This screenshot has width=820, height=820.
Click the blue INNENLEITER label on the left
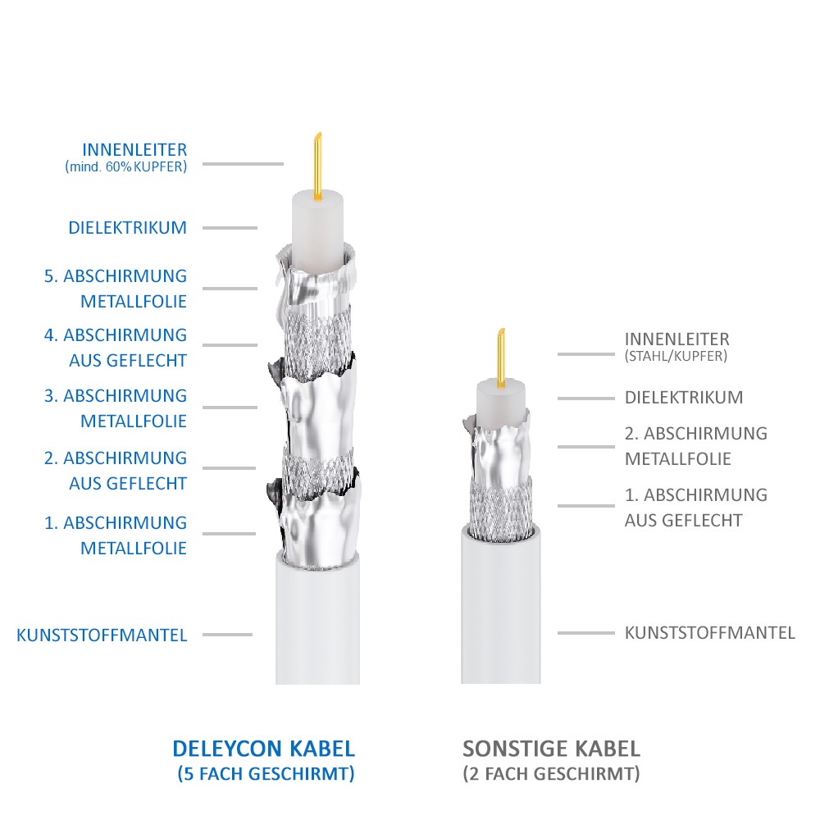pos(134,150)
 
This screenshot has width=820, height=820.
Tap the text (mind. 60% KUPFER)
pos(126,167)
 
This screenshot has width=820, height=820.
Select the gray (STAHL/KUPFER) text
pos(676,357)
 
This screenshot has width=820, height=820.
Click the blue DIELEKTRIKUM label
pos(128,228)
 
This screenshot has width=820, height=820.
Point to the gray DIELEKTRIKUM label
pos(684,398)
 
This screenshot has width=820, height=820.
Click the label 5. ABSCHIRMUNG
pos(116,276)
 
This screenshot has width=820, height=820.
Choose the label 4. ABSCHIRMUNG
pos(116,335)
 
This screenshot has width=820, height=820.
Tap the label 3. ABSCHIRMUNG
pos(116,396)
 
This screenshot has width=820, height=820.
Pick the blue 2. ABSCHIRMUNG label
pos(116,458)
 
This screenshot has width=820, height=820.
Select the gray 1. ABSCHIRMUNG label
pos(696,494)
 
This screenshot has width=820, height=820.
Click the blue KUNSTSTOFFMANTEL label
pos(102,635)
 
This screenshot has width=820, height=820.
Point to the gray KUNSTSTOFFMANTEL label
pos(710,633)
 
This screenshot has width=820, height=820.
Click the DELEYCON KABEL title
pos(263,749)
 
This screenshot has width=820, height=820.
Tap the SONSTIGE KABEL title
pos(551,749)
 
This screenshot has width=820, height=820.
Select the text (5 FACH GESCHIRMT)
pos(266,773)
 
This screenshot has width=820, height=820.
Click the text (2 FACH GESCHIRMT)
pos(551,773)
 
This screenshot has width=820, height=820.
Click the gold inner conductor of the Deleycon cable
pos(317,166)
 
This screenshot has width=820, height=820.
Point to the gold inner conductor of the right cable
pos(501,359)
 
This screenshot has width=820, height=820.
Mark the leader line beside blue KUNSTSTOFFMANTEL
pos(227,635)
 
